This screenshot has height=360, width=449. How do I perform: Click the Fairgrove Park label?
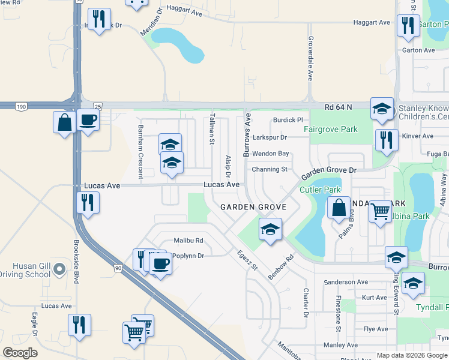[330, 129]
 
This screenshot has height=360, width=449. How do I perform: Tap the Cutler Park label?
[324, 190]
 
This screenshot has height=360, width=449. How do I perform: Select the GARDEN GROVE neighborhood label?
[252, 207]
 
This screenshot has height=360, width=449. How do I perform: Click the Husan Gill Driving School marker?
[58, 270]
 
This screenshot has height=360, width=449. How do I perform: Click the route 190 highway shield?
[22, 106]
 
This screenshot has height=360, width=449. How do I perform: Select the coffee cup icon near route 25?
[88, 120]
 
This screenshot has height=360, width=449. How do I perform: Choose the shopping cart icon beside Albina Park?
[380, 211]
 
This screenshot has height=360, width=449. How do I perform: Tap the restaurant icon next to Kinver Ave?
[387, 140]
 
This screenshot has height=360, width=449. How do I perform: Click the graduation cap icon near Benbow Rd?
[270, 229]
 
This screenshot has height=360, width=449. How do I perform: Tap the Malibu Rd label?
[188, 241]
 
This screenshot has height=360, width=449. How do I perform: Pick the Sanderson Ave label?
[345, 282]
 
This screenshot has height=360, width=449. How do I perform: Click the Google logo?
[21, 353]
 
